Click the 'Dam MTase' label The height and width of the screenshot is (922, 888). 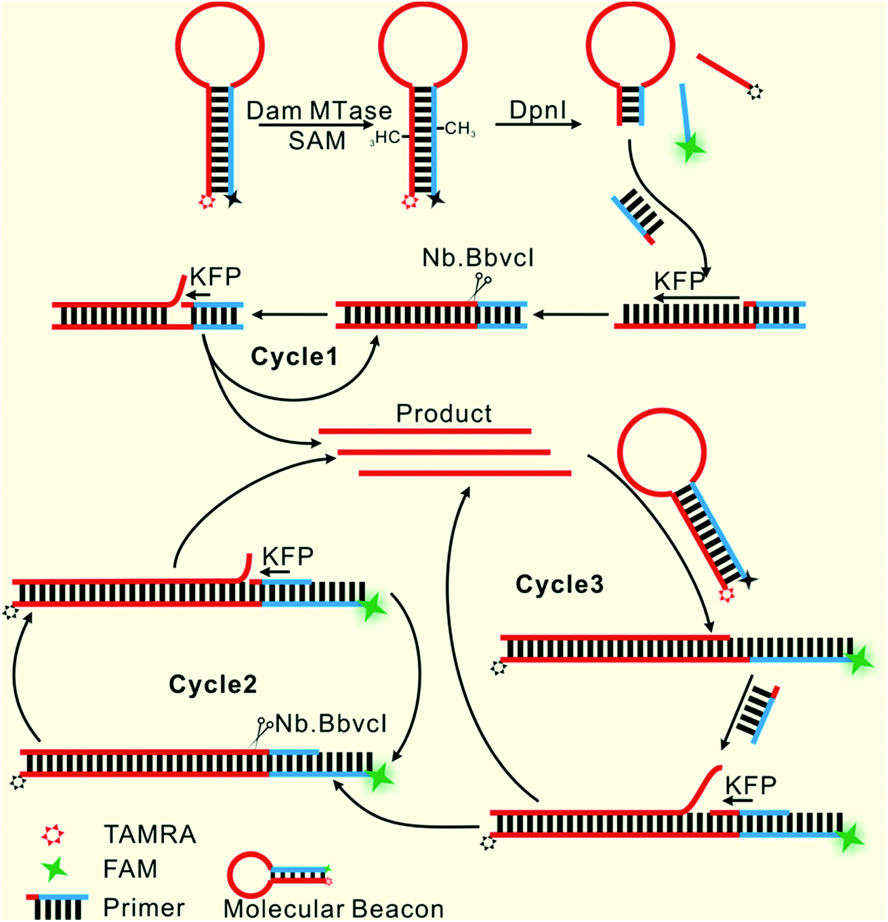319,110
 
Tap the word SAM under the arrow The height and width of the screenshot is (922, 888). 317,141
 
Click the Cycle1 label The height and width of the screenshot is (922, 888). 294,357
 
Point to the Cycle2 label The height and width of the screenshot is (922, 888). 213,684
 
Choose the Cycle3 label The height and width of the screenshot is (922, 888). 559,584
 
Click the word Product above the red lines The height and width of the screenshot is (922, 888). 444,413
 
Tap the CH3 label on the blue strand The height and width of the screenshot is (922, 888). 460,129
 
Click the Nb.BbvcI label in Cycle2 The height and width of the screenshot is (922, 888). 331,724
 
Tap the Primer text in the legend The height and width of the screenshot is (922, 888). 144,907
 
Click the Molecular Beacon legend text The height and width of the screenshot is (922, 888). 333,908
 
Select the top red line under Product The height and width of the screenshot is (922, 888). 425,431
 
